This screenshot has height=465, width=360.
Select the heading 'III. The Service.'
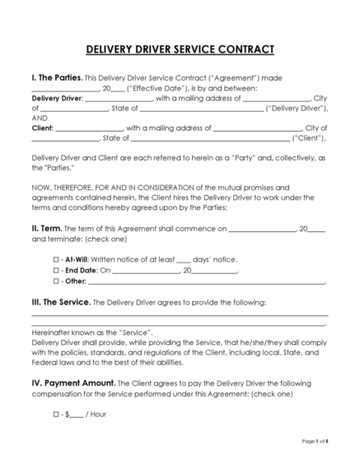(61, 303)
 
